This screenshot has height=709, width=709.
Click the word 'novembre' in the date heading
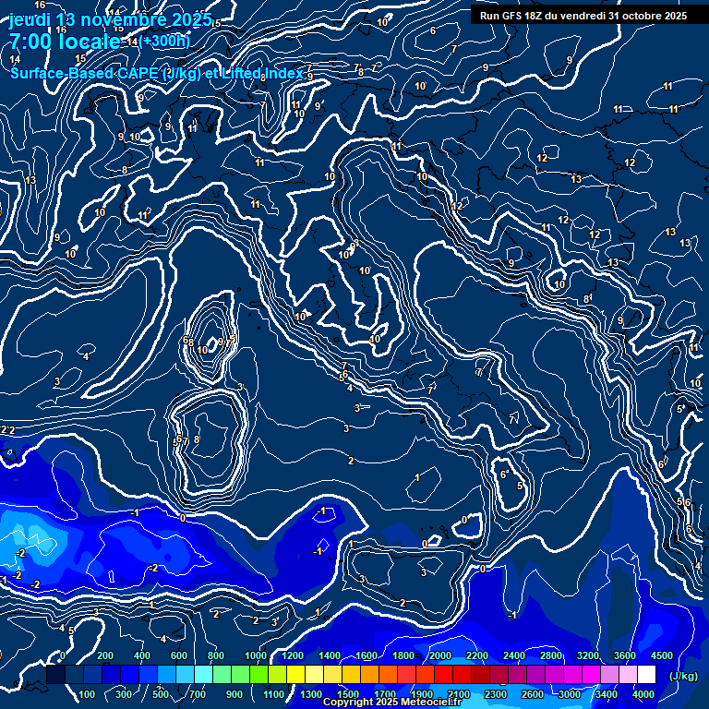pyautogui.click(x=116, y=20)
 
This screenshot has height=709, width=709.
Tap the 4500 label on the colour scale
pyautogui.click(x=661, y=655)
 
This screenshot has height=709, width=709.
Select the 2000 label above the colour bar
pyautogui.click(x=439, y=655)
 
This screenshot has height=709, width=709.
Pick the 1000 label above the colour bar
pyautogui.click(x=255, y=655)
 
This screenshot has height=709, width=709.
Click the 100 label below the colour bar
pyautogui.click(x=89, y=694)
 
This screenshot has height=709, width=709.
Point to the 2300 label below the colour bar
pyautogui.click(x=495, y=694)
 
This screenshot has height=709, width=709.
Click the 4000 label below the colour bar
pyautogui.click(x=643, y=694)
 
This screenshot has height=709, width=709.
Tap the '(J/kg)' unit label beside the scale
pyautogui.click(x=682, y=677)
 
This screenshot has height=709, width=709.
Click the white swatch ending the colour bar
pyautogui.click(x=646, y=676)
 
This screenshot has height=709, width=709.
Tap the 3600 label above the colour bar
pyautogui.click(x=624, y=655)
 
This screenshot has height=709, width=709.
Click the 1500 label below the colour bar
pyautogui.click(x=347, y=694)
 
